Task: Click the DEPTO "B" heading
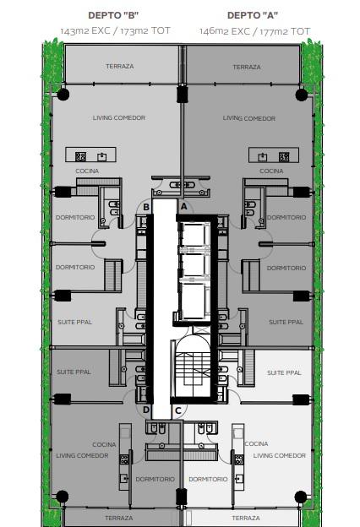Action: tap(113, 15)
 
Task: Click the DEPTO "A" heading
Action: tap(253, 15)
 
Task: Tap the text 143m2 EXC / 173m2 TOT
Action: tap(116, 31)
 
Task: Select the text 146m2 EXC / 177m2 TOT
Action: tap(254, 31)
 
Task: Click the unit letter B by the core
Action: tap(146, 207)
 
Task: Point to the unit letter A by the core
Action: tap(183, 206)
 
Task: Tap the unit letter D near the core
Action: tap(146, 410)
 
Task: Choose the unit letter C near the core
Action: tap(178, 410)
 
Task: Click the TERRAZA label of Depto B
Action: tap(120, 66)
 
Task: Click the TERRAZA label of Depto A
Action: tap(247, 67)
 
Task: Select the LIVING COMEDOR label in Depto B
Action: tap(119, 117)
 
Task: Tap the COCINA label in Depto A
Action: tap(271, 171)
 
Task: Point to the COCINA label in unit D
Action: tap(104, 444)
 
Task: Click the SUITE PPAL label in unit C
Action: tap(284, 372)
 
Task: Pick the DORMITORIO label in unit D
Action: tap(155, 479)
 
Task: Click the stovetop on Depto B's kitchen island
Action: tap(80, 156)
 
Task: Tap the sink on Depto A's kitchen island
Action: tap(263, 157)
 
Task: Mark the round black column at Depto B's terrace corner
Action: tap(63, 95)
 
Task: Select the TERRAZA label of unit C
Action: tap(246, 518)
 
